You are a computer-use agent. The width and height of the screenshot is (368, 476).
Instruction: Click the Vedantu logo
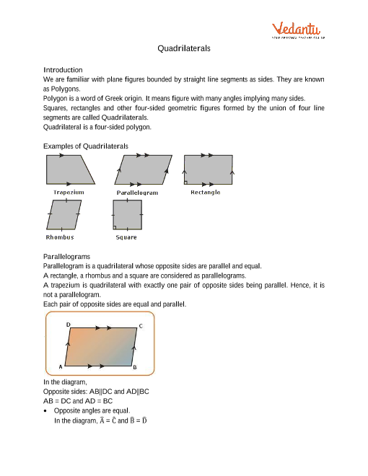coord(297,30)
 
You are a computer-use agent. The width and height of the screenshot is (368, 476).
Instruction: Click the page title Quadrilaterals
coord(184,48)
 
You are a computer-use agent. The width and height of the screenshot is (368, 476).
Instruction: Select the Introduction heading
coord(63,69)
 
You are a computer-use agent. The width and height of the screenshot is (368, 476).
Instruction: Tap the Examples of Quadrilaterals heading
coord(86,146)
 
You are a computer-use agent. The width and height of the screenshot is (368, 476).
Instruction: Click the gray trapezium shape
coord(70,169)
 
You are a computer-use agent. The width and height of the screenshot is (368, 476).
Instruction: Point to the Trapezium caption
coord(69,193)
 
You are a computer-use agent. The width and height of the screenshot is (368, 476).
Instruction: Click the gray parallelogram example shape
coord(144,170)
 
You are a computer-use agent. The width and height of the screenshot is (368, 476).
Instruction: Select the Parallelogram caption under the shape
coord(137,193)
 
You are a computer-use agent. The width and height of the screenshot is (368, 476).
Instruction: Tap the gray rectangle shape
coord(209,169)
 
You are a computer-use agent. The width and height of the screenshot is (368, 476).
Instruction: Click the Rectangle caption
coord(206,193)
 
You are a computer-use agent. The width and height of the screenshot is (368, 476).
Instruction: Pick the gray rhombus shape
coord(63,214)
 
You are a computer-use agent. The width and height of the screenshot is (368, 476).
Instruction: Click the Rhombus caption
coord(60,237)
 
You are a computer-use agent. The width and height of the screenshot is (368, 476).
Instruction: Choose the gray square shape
coord(128,214)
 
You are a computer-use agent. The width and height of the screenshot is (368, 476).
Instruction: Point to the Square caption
coord(126,237)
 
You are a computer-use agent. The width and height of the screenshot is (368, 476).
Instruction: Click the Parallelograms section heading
coord(66,256)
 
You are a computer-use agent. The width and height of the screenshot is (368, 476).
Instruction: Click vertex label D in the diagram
coord(69,325)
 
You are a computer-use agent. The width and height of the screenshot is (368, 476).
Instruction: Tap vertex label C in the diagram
coord(140,326)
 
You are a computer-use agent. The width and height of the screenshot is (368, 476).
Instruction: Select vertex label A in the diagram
coord(60,367)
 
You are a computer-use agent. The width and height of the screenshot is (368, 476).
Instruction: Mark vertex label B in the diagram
coord(134,367)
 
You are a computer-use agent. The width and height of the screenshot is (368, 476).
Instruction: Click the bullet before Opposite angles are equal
coord(48,410)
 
